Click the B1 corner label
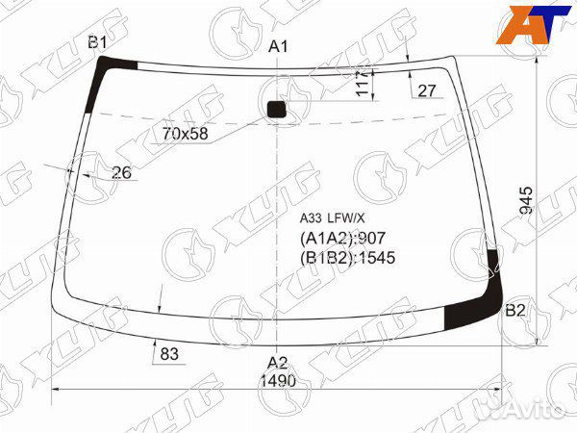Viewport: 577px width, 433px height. [97, 41]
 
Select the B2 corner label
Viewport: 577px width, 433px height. [515, 310]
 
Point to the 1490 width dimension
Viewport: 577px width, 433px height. [278, 381]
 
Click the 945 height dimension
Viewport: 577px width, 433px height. [525, 200]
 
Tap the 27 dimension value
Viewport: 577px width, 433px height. [426, 90]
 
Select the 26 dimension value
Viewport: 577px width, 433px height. [121, 173]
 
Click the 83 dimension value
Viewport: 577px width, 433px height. [169, 354]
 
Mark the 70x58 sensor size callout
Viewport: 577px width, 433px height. [186, 133]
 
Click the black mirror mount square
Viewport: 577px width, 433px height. [277, 109]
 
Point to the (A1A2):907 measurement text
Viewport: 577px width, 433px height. [343, 239]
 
